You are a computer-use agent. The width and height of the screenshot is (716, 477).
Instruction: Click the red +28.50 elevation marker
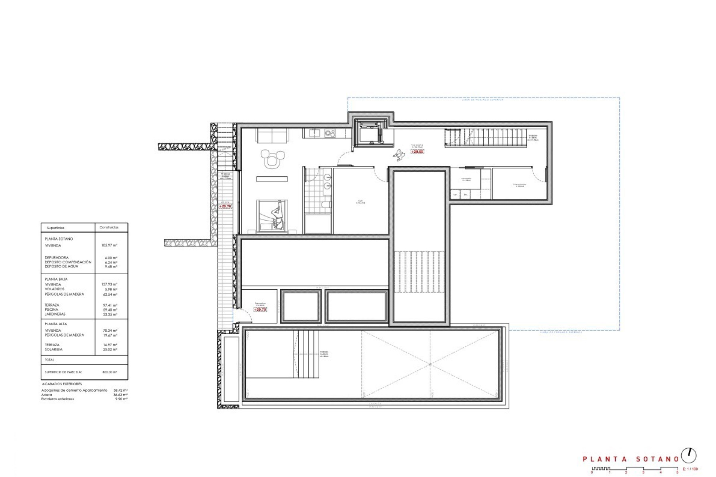[x=417, y=152]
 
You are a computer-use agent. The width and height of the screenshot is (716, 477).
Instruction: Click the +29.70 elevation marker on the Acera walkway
[x=225, y=206]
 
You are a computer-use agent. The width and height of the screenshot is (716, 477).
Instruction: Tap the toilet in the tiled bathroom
[x=326, y=205]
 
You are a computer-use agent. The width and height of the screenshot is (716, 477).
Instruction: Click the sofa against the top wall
[x=272, y=136]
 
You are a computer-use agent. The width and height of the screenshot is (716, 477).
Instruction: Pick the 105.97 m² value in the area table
[x=109, y=246]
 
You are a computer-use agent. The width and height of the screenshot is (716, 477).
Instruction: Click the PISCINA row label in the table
[x=52, y=310]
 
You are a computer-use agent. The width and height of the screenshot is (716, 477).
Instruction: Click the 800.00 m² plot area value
[x=110, y=372]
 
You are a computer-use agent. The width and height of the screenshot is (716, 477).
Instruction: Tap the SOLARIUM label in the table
[x=54, y=350]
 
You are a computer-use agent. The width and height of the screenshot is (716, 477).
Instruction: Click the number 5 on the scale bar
[x=677, y=473]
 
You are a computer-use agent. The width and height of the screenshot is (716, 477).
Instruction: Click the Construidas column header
[x=109, y=227]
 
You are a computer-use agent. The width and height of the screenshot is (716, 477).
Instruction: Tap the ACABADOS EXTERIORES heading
[x=62, y=384]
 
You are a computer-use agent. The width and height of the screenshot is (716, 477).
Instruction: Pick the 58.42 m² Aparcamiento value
[x=120, y=391]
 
